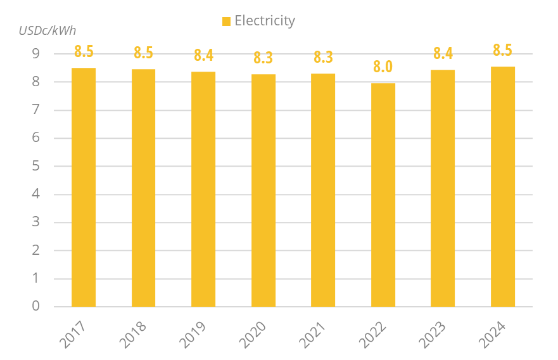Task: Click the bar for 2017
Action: click(x=84, y=188)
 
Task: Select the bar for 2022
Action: click(x=383, y=195)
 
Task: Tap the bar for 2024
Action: click(x=503, y=187)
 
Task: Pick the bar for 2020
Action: click(x=263, y=191)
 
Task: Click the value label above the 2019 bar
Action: click(x=203, y=55)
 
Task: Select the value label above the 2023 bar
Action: click(x=443, y=53)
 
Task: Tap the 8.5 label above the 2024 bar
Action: click(x=503, y=50)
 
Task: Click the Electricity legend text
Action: click(x=265, y=21)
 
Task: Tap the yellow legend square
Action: click(x=226, y=22)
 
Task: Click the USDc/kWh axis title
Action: click(x=48, y=30)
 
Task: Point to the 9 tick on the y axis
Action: click(x=35, y=55)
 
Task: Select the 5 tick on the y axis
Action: click(x=35, y=166)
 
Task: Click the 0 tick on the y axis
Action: click(x=35, y=306)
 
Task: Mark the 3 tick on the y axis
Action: click(x=35, y=222)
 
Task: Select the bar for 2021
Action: click(x=323, y=190)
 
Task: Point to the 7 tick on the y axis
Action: click(x=35, y=110)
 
